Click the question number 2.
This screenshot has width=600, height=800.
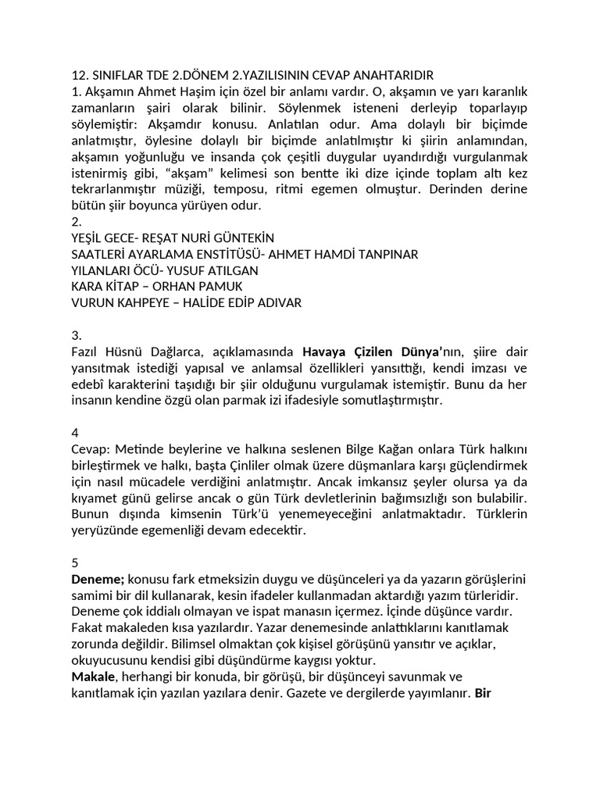(75, 222)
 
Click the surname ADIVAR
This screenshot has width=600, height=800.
(274, 302)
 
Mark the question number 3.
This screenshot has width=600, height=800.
(75, 335)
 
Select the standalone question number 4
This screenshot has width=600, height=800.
(75, 432)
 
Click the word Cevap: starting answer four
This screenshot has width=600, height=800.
(91, 448)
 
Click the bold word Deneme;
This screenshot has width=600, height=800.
(98, 578)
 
